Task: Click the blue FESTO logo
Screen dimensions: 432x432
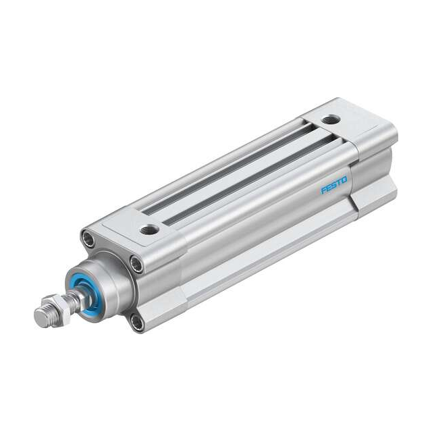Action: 334,184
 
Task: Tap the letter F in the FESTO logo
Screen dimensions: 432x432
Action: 323,190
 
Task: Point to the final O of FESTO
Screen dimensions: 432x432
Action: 344,180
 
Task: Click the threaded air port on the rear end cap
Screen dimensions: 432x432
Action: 331,120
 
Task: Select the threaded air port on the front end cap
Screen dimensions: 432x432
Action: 150,230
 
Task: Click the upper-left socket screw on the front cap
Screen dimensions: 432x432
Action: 87,238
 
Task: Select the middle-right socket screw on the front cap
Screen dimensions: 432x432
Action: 136,264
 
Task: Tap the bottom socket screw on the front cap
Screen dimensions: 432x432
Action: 137,322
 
